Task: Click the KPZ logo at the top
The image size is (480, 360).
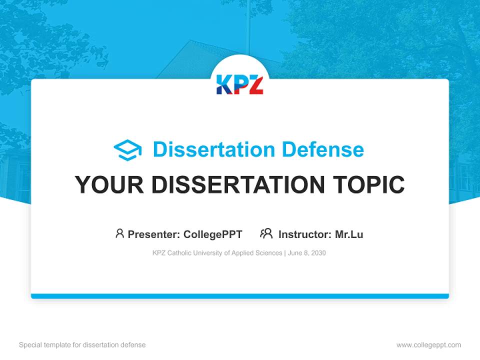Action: [x=239, y=84]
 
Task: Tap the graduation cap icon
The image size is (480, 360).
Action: [x=127, y=150]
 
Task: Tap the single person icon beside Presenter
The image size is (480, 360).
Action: [x=119, y=233]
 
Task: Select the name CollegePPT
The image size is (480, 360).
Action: [x=212, y=234]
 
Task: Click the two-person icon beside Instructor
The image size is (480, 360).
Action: [x=266, y=233]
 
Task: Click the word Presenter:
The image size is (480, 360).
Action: [x=154, y=234]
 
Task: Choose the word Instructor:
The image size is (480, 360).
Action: [x=304, y=234]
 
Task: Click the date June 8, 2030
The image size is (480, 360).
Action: [x=307, y=253]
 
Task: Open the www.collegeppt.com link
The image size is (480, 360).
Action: [x=428, y=345]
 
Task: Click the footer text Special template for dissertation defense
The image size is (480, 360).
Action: [x=82, y=345]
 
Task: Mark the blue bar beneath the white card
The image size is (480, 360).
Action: [x=239, y=296]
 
